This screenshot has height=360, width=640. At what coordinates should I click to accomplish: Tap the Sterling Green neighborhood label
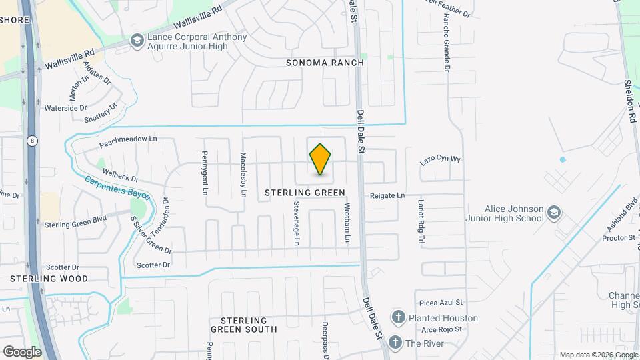point(305,193)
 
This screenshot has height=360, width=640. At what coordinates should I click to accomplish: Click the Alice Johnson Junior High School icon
point(553,214)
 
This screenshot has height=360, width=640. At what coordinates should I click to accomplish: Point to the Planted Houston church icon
point(398,317)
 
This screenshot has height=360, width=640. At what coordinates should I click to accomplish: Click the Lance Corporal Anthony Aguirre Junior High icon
point(137,41)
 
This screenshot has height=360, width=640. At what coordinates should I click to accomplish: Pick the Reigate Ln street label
point(387,195)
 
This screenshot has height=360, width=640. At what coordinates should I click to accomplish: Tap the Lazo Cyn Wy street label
point(440,161)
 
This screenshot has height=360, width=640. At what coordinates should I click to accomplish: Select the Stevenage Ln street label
point(297,225)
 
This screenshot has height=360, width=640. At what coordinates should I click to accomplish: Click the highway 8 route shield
point(32,141)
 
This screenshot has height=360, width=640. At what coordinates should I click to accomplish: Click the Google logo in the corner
point(22,351)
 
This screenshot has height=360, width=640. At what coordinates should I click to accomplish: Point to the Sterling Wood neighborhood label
point(49,279)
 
